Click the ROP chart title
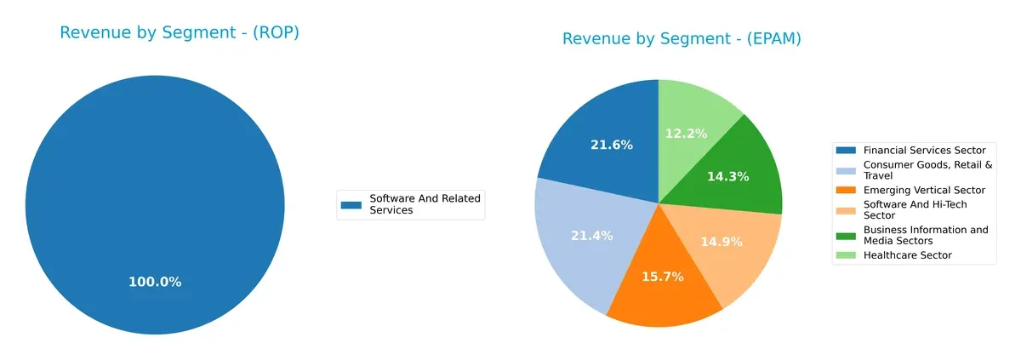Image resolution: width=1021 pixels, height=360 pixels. coord(179,33)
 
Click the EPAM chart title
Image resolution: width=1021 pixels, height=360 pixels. coord(682,39)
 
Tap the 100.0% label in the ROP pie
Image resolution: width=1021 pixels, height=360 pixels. coord(155,282)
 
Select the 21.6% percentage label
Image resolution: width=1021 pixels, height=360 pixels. coord(612,146)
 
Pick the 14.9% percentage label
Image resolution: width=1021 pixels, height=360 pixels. coord(721,242)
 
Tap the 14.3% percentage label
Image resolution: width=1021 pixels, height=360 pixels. coord(727,177)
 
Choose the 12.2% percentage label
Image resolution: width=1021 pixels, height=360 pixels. coord(683,134)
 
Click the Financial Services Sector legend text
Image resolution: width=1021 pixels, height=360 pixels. coord(924,150)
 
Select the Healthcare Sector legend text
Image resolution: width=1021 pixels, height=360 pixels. coord(907,255)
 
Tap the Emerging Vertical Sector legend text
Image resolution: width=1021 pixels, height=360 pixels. coord(924,190)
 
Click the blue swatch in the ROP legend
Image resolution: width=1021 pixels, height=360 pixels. coord(351,204)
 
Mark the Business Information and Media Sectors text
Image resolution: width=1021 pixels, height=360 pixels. coord(926,235)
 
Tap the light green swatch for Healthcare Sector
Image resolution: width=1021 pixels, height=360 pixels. coord(846,255)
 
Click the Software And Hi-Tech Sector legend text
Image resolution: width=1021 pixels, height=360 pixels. coord(915,209)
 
